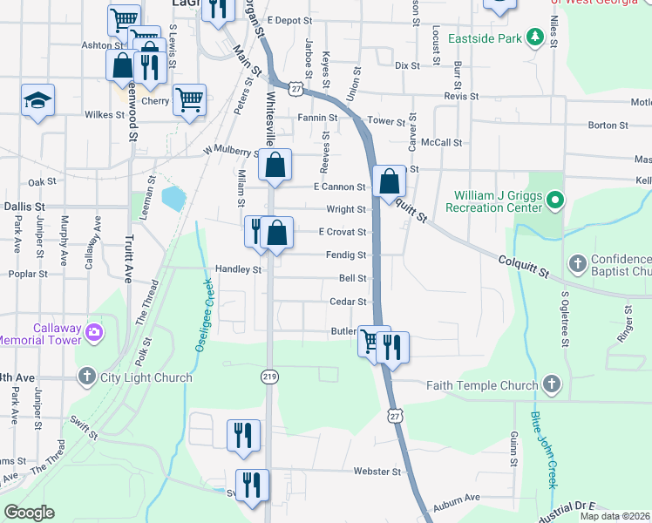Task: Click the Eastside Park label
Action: pos(484,39)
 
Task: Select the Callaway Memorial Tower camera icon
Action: pos(93,332)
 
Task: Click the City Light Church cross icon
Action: pos(86,377)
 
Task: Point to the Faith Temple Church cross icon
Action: pos(550,384)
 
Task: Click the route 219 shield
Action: pos(270,376)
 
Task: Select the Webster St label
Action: pos(376,472)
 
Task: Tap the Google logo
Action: pos(29,513)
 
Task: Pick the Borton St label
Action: pos(608,126)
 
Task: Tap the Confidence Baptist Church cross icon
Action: pos(576,263)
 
